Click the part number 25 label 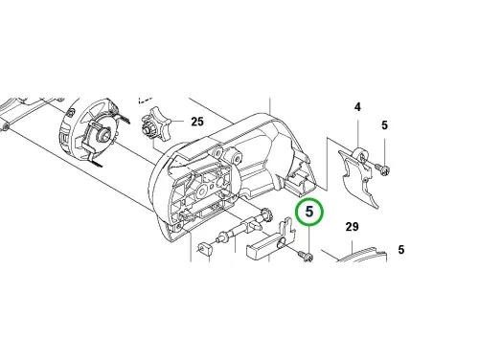[197, 122]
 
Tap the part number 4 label [357, 107]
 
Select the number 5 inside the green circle [309, 212]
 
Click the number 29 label [353, 227]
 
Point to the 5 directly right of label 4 [384, 125]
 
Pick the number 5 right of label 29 [401, 250]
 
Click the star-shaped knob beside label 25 [155, 125]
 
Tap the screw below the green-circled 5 [306, 256]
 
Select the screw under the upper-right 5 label [382, 169]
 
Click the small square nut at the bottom [205, 248]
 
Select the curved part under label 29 [362, 255]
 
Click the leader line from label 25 [177, 122]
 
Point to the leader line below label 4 [357, 132]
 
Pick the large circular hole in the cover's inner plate [202, 191]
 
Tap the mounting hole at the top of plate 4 [362, 156]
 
